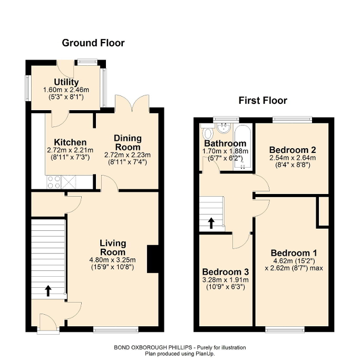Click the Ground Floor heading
tap(93, 43)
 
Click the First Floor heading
tap(262, 100)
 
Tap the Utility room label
tap(66, 82)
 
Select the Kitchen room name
tap(70, 142)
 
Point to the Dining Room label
tap(128, 142)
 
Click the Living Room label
tap(113, 247)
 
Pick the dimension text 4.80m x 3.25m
tap(113, 259)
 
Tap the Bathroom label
tap(225, 143)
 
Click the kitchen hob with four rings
tap(54, 182)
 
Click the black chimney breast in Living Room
tap(152, 259)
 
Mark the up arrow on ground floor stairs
tap(48, 290)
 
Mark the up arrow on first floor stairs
tap(211, 223)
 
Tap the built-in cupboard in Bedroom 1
tap(323, 211)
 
